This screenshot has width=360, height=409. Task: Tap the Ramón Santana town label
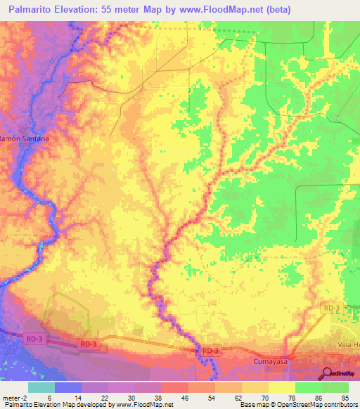[x=25, y=139]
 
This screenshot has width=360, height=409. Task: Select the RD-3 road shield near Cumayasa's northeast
[x=332, y=309]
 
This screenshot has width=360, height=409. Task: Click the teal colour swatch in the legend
[x=41, y=387]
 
